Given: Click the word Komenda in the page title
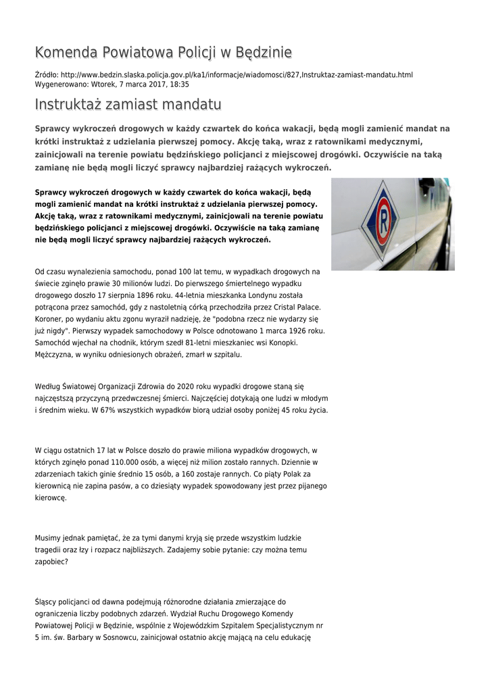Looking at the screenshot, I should pyautogui.click(x=65, y=53).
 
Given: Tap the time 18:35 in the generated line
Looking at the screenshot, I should pyautogui.click(x=180, y=84).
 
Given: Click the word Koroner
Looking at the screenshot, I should pyautogui.click(x=49, y=318).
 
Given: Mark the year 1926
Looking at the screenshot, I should pyautogui.click(x=297, y=330).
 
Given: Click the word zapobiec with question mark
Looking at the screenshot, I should pyautogui.click(x=51, y=561).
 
